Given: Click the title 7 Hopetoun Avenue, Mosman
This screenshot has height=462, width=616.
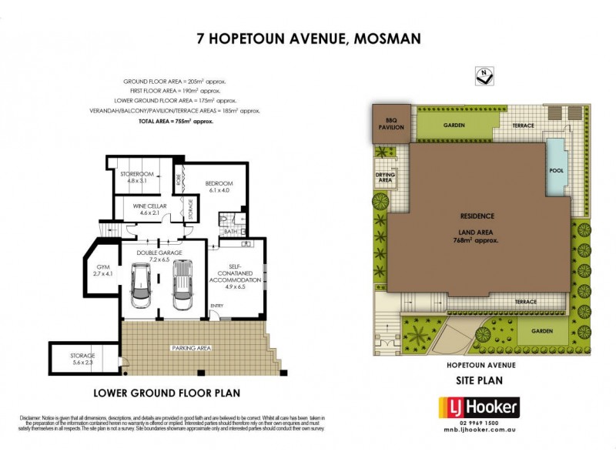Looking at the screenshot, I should point(308,38).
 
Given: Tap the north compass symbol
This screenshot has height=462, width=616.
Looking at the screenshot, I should point(485,75).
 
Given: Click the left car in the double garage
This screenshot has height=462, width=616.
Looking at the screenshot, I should point(142,285).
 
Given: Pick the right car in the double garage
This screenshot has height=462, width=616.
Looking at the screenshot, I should point(182,283).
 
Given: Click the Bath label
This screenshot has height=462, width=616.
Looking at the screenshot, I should point(229,232).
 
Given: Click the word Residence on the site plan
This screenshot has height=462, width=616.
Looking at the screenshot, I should point(477,216).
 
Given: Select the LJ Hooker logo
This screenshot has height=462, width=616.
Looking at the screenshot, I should point(478,407).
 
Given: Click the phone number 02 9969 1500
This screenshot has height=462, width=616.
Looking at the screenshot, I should point(477,423).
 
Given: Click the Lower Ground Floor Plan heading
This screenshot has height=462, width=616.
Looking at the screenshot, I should point(166,393).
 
